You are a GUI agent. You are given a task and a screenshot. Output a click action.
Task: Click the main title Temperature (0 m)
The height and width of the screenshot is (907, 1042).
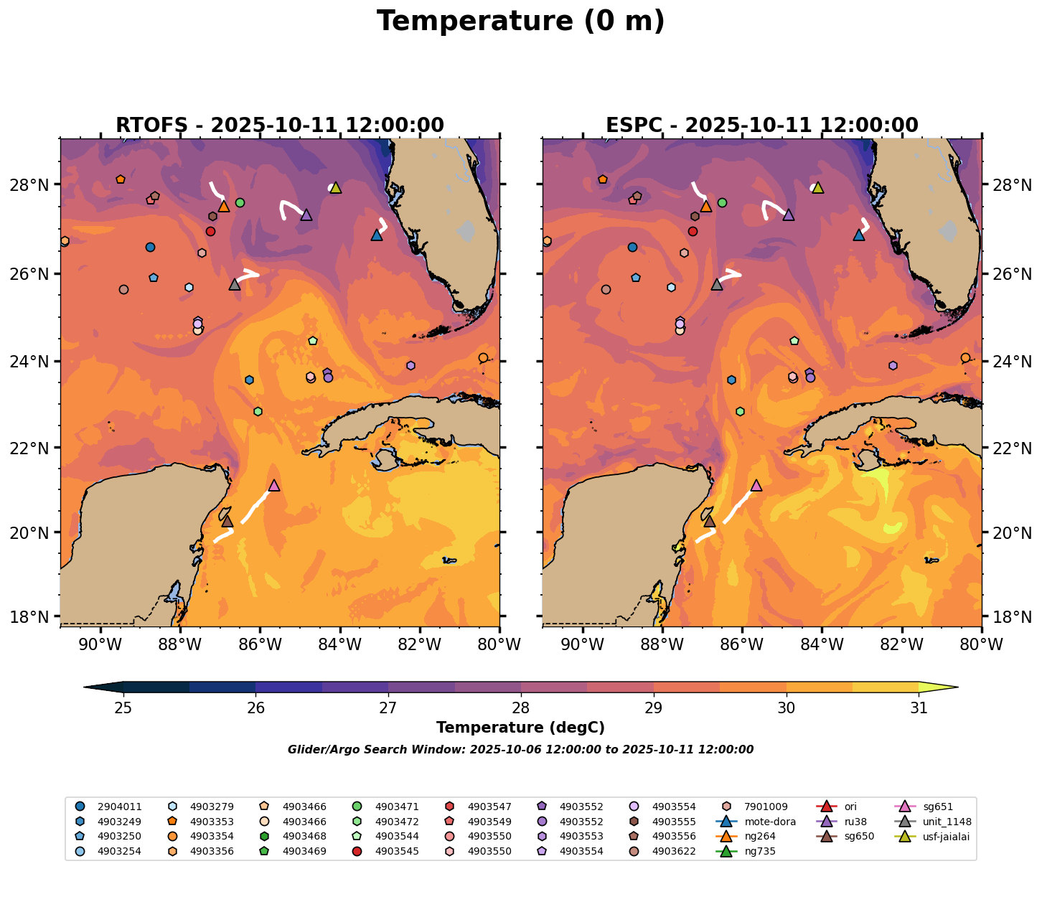click(x=520, y=22)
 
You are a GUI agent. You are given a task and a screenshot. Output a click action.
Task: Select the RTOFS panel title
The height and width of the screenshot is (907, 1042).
click(x=280, y=126)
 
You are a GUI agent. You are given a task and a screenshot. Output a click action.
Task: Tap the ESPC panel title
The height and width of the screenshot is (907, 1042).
click(x=762, y=126)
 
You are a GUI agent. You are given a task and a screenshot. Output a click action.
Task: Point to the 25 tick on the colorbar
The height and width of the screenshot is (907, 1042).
click(x=123, y=708)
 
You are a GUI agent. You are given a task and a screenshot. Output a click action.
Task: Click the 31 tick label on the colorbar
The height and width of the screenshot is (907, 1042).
click(x=919, y=708)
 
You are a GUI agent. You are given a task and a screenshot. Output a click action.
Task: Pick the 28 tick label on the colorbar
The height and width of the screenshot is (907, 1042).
click(x=521, y=708)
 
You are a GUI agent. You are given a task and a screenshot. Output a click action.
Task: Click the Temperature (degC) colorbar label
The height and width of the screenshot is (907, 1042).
click(x=520, y=728)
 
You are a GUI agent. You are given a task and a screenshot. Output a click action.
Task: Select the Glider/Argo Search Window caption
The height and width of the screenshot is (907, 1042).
click(x=520, y=750)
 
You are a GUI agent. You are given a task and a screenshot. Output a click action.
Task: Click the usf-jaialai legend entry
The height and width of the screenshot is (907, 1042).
click(x=947, y=837)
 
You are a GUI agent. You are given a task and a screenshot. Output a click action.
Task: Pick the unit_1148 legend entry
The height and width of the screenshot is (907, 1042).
click(x=947, y=822)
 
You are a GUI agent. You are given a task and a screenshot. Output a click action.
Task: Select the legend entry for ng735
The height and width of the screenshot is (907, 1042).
click(x=760, y=852)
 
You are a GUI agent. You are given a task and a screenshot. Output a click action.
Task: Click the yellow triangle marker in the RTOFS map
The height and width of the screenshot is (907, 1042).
click(x=335, y=188)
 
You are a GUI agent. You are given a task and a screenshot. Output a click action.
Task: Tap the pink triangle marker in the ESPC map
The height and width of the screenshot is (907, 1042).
click(x=756, y=486)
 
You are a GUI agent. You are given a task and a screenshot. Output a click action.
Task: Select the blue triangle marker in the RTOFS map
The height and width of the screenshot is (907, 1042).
click(x=377, y=235)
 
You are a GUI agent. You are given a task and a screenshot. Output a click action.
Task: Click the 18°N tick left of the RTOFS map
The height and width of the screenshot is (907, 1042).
click(x=38, y=616)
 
